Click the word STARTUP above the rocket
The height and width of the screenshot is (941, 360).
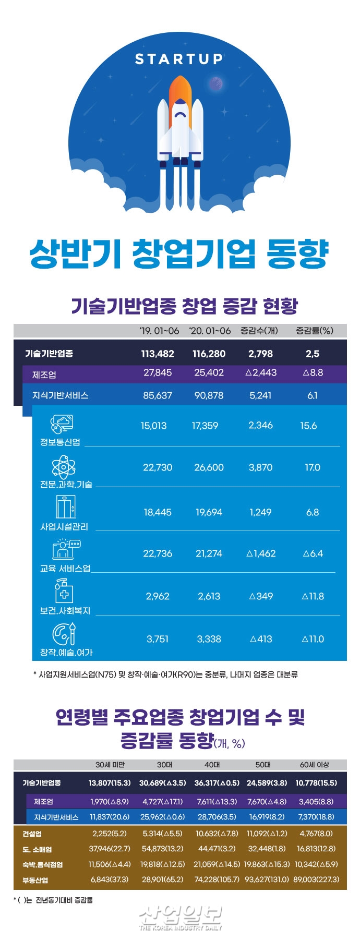(x=179, y=59)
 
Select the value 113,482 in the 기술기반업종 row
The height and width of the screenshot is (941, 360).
(x=157, y=354)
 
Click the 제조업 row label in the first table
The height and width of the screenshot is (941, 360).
(x=44, y=375)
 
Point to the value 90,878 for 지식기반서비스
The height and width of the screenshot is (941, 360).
(x=209, y=395)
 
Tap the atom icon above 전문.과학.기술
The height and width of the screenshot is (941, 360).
(x=63, y=467)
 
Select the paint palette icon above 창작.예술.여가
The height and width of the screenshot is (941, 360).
(x=65, y=634)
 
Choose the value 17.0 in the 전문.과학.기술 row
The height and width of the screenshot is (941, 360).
(x=313, y=467)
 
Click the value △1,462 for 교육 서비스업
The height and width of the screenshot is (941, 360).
(x=261, y=553)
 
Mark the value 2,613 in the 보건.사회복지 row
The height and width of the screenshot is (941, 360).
(x=209, y=596)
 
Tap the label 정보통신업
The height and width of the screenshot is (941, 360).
(x=60, y=442)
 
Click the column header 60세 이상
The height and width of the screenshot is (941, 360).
(x=315, y=765)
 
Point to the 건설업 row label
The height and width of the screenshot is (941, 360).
(x=32, y=834)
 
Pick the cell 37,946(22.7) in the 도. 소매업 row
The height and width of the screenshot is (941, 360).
(x=110, y=849)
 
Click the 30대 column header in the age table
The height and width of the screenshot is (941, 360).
(x=165, y=765)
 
